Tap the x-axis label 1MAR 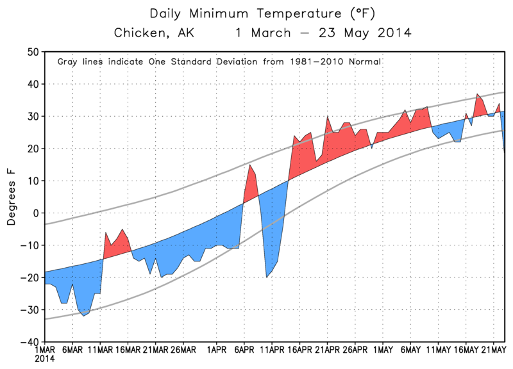(x=45, y=351)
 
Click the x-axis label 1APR (x=217, y=351)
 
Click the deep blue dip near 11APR (x=267, y=277)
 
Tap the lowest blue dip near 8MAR (x=84, y=315)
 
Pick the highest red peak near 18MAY (x=477, y=94)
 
